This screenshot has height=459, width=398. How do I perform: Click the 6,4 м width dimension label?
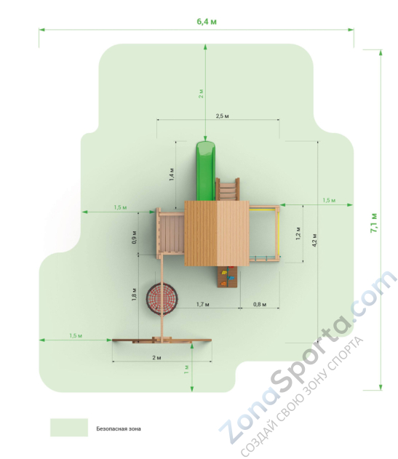coord(207,22)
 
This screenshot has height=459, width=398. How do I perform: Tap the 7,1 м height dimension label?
coord(374,223)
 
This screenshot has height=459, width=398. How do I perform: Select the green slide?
coord(206,171)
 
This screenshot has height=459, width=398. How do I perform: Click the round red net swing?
coord(162,298)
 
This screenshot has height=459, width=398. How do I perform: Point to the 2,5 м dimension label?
coord(222,116)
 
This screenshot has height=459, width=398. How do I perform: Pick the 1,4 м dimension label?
coord(172,174)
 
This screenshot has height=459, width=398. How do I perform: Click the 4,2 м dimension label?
coord(314,240)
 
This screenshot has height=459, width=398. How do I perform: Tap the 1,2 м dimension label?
coord(298,234)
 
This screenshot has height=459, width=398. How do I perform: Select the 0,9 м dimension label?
coord(134,237)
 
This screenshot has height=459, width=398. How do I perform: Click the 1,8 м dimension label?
coord(134,295)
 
